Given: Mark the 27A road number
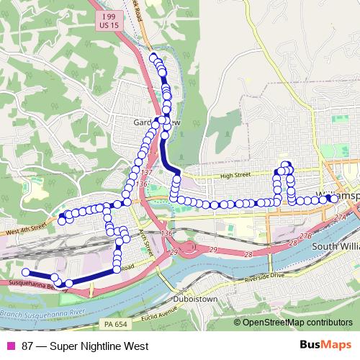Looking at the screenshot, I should click(340, 216).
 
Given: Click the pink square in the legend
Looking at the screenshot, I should click(10, 346).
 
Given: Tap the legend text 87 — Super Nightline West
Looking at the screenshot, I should click(85, 346).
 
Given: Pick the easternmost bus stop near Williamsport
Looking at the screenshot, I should click(328, 198).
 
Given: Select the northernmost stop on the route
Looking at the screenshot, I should click(153, 57).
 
